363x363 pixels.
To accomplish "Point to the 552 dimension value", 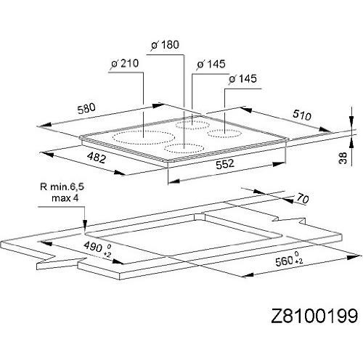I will (x=224, y=164).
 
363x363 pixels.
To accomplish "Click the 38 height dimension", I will (x=343, y=159).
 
